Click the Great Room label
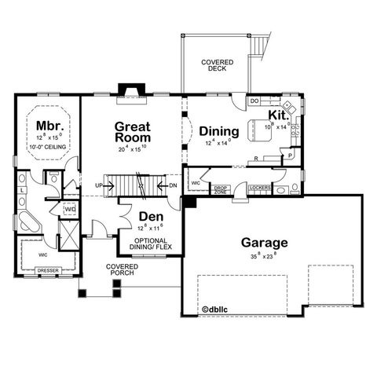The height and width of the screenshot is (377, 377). click(x=133, y=130)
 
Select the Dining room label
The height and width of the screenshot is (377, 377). click(x=214, y=131)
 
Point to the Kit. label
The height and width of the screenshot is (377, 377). click(x=279, y=115)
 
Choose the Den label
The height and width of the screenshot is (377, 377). click(x=150, y=216)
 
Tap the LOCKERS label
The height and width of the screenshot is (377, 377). click(x=258, y=188)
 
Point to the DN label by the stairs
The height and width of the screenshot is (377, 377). click(x=172, y=186)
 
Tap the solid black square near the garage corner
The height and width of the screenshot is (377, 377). click(x=188, y=203)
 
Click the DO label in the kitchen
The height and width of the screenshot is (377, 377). click(x=254, y=101)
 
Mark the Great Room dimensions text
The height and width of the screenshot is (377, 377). click(x=133, y=148)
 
